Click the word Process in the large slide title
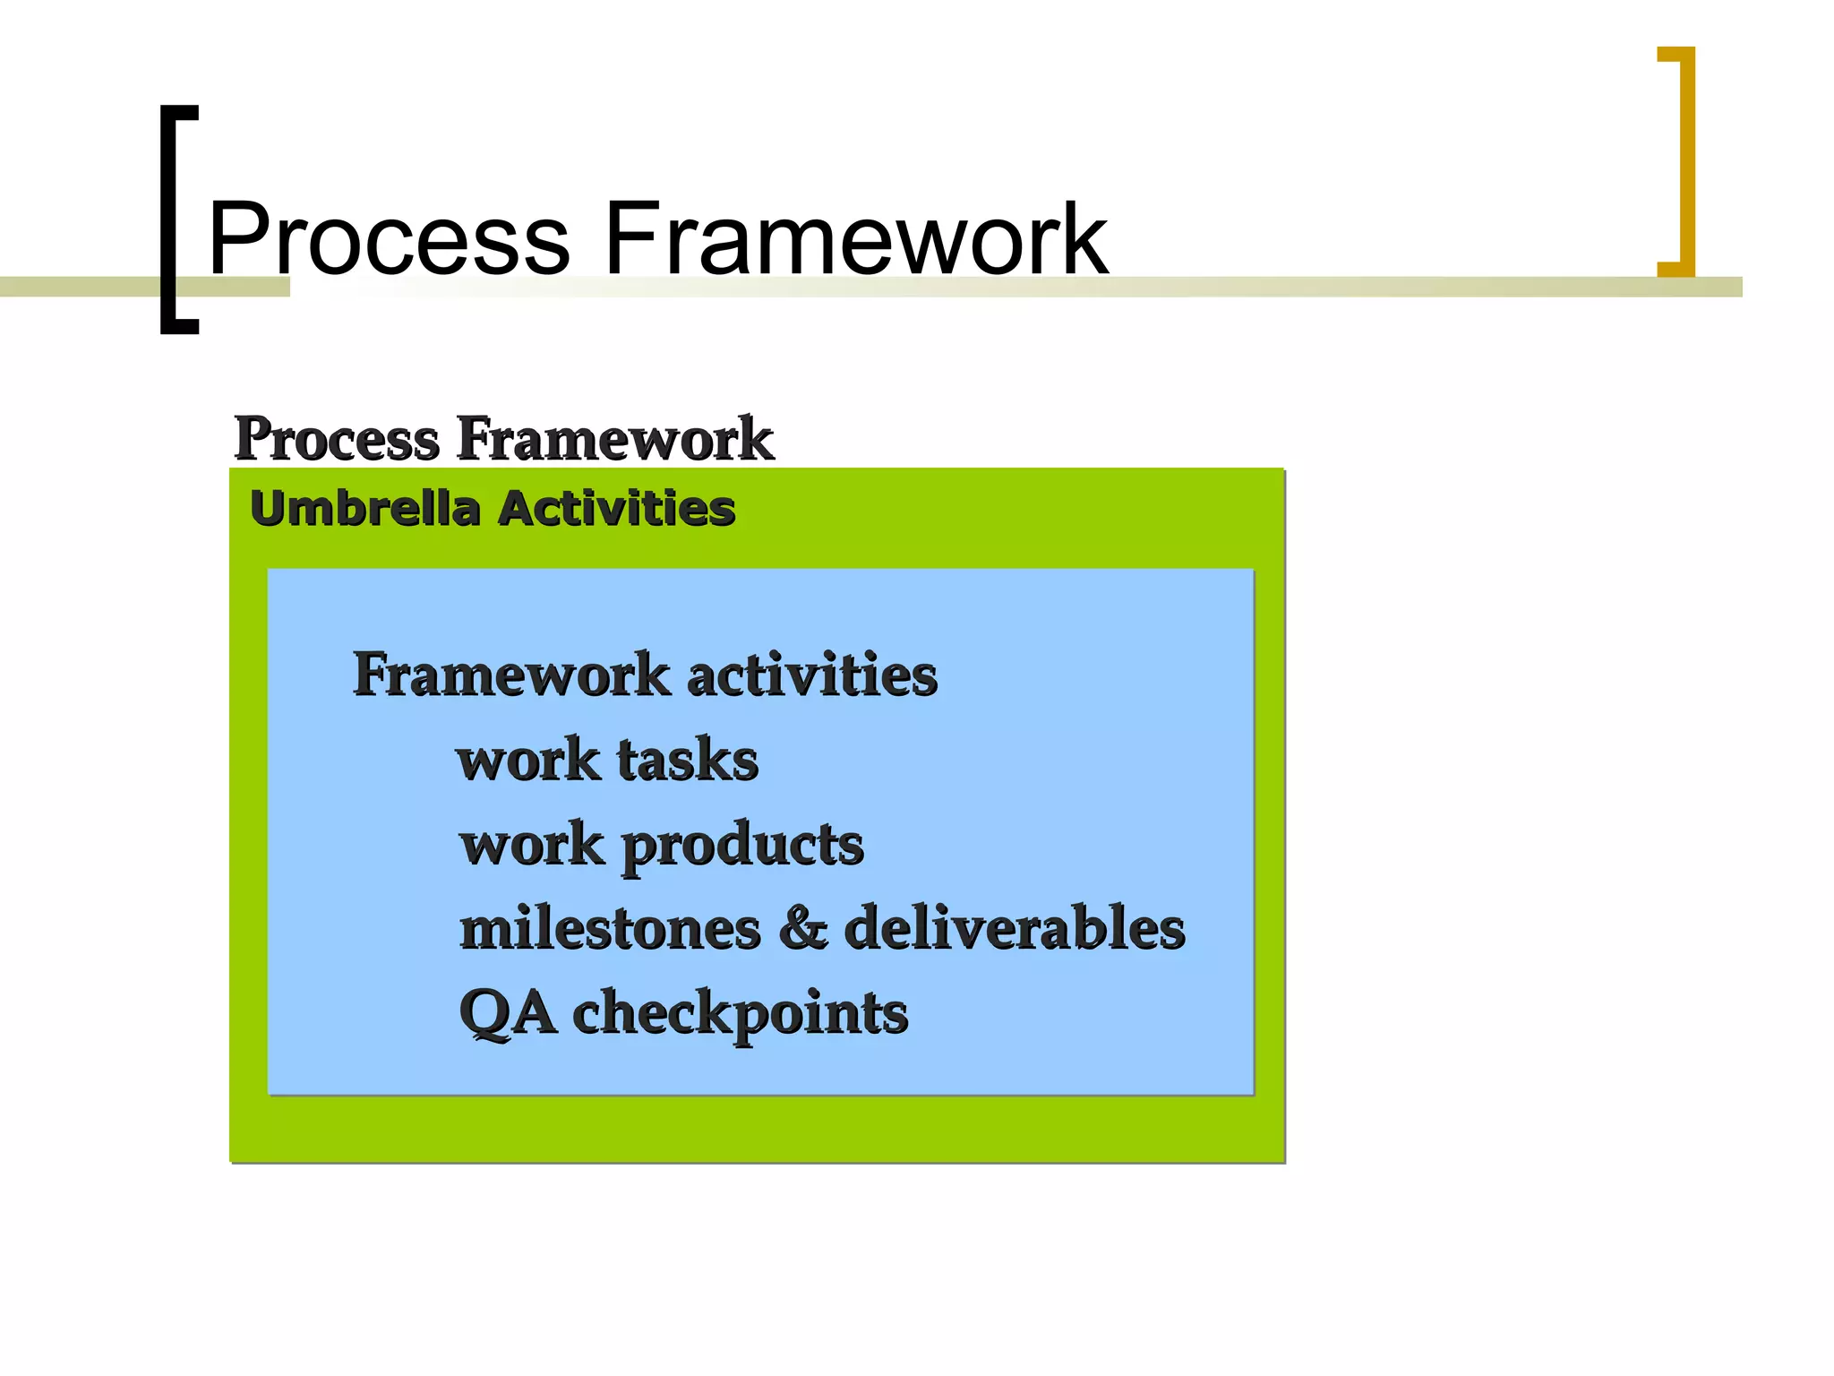click(390, 239)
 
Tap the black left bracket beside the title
click(169, 219)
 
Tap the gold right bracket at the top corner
click(1686, 161)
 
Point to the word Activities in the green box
click(617, 509)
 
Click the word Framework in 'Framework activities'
click(511, 675)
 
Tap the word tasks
click(688, 761)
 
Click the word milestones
click(610, 929)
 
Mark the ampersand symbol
click(802, 929)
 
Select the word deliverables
click(1015, 929)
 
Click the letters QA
click(507, 1014)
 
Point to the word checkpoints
click(740, 1014)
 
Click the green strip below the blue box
click(757, 1129)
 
